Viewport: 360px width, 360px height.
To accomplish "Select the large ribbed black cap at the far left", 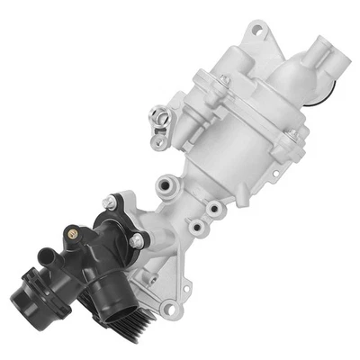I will coord(34,292).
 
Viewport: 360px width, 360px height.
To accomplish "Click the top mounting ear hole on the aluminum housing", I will coord(258,32).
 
